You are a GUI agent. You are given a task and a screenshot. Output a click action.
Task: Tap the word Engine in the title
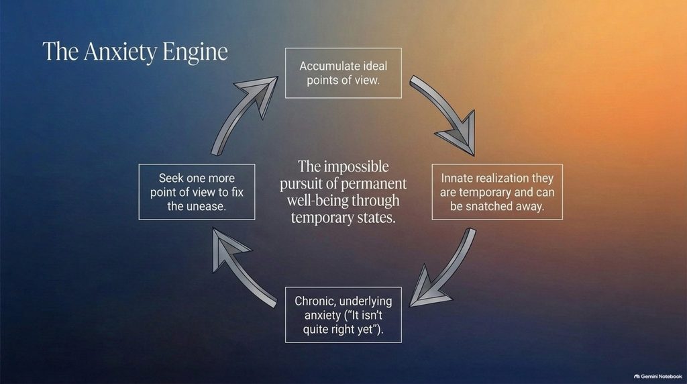click(x=195, y=52)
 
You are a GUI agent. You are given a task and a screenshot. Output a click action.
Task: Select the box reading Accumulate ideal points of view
click(x=343, y=73)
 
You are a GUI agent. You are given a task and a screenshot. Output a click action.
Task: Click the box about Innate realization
click(x=497, y=192)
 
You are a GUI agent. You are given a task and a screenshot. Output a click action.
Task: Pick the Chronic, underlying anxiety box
click(x=343, y=315)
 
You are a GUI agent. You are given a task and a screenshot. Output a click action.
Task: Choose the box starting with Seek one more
click(x=197, y=192)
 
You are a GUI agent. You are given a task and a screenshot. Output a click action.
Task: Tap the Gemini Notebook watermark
click(x=657, y=376)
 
